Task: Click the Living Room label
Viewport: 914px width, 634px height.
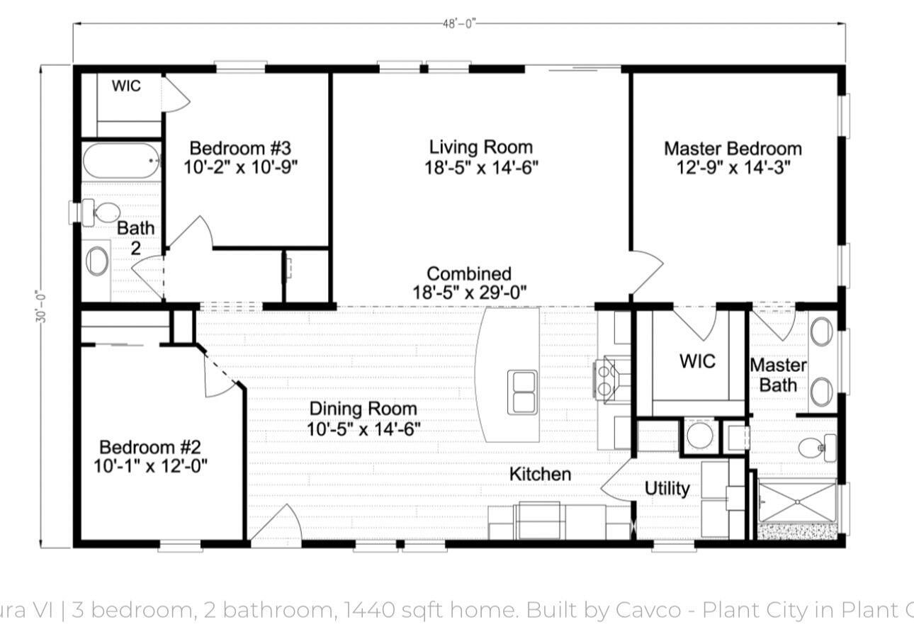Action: click(x=480, y=147)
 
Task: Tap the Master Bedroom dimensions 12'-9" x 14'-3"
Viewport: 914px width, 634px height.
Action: click(x=733, y=168)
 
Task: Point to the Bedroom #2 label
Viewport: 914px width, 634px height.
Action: click(x=150, y=447)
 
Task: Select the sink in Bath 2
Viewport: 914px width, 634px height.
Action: click(x=97, y=261)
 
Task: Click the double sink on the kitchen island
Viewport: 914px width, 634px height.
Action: click(x=523, y=392)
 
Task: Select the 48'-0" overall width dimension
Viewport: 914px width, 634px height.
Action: click(x=459, y=23)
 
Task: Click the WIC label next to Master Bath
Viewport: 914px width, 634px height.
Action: click(x=697, y=361)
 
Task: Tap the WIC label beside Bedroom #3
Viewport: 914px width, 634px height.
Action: click(x=126, y=86)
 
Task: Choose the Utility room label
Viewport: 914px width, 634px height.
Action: click(x=667, y=488)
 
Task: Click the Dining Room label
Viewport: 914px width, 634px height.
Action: click(x=363, y=409)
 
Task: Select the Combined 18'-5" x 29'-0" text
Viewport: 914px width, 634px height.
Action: click(x=469, y=283)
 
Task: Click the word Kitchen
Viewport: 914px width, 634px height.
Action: click(x=540, y=474)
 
